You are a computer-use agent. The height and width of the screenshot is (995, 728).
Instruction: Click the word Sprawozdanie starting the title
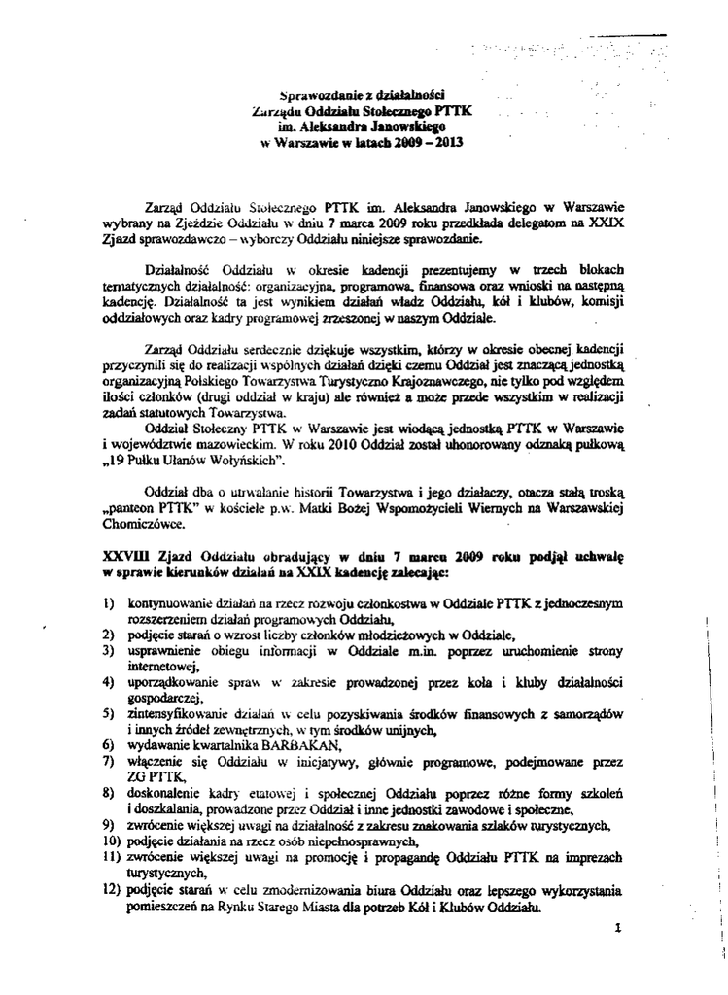[x=314, y=96]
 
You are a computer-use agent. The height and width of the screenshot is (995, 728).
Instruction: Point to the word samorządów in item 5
[x=585, y=713]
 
